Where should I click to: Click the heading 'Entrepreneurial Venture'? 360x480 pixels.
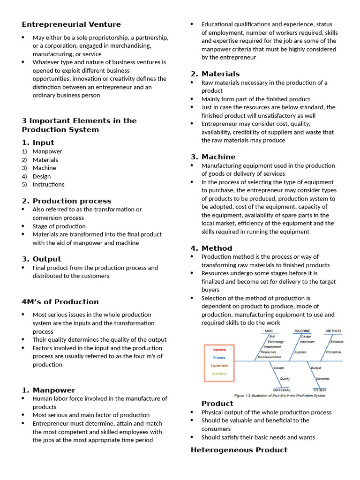coord(71,24)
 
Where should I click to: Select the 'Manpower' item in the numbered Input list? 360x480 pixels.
coord(47,151)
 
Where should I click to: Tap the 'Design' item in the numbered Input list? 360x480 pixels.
coord(42,176)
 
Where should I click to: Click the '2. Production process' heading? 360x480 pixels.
coord(66,201)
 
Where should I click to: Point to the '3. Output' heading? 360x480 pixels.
coord(41,259)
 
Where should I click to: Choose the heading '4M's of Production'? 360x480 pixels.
coord(60,302)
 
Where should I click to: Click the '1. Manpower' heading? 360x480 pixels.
coord(48,390)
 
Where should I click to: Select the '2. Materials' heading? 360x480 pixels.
coord(215,74)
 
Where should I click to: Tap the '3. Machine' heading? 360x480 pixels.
coord(213,157)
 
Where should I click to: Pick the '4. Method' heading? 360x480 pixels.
coord(211,248)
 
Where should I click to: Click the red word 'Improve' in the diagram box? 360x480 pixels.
coord(219,349)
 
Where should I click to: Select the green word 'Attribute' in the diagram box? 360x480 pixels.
coord(219,374)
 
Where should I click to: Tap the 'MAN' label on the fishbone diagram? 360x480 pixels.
coord(269,331)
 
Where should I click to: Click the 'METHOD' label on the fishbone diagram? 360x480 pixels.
coord(333,331)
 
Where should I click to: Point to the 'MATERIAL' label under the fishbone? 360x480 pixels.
coord(282,390)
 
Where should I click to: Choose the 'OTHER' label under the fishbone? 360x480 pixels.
coord(320,390)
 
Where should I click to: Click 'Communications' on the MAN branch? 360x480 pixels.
coord(270,357)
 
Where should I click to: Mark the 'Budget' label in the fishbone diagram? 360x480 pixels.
coord(316,368)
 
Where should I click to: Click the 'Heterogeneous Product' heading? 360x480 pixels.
coord(239,450)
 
